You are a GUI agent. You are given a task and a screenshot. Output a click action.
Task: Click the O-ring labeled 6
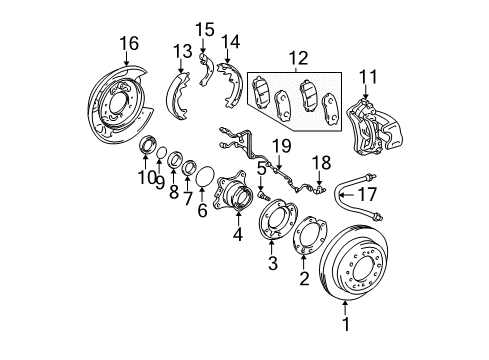pos(201,177)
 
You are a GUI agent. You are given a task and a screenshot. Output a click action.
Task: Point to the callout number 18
pos(319,162)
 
